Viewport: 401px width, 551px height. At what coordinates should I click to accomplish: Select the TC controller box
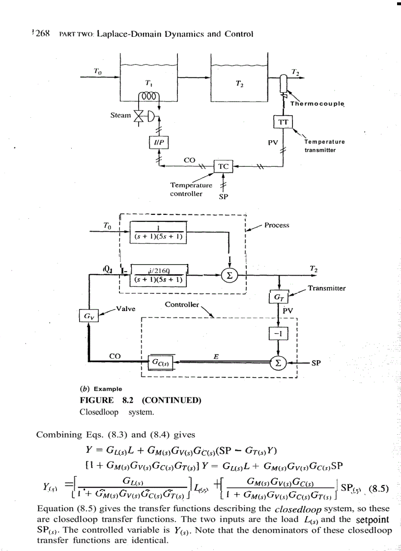click(x=224, y=167)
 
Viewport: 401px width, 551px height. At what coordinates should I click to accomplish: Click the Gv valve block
click(x=89, y=314)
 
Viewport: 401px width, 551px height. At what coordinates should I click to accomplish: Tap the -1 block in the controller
click(x=279, y=335)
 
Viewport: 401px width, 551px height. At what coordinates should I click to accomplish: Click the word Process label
click(x=277, y=225)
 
